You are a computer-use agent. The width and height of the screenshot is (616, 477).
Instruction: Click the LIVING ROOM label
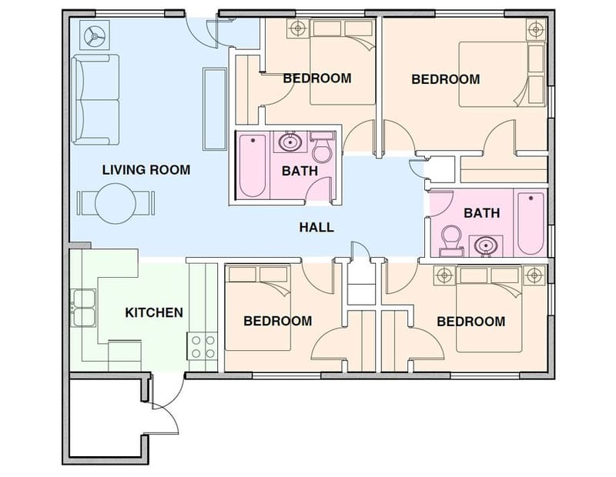click(x=146, y=169)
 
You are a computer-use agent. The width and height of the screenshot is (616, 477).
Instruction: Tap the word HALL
click(x=316, y=227)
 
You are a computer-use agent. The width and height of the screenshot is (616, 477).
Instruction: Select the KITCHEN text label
click(x=154, y=312)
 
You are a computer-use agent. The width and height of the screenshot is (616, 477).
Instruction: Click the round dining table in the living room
click(x=115, y=203)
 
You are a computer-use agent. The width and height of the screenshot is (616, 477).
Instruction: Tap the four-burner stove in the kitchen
click(x=201, y=345)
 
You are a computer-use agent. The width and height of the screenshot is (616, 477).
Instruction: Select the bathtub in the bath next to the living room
click(x=252, y=166)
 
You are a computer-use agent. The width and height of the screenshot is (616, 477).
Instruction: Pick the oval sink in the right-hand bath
click(x=484, y=246)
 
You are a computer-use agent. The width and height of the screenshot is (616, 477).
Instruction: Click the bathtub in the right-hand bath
click(x=531, y=223)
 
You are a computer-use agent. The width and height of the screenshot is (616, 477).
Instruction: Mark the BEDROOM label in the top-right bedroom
click(x=445, y=79)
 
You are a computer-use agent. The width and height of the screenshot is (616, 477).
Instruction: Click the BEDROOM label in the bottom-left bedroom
click(x=277, y=321)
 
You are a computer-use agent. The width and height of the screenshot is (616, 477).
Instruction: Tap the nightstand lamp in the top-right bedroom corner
click(x=535, y=30)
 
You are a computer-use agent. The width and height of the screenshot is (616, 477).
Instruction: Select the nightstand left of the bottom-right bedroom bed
click(x=443, y=274)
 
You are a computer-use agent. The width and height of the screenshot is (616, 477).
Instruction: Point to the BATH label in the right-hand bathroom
click(x=481, y=213)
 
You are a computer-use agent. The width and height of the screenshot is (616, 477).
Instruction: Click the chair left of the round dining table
click(x=85, y=203)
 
